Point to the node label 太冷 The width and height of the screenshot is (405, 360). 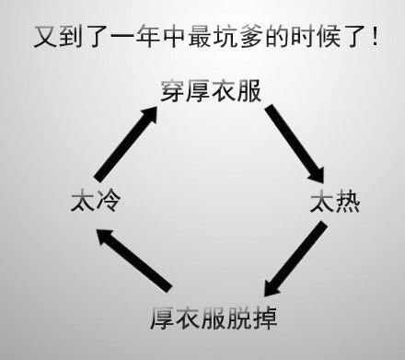pos(95,202)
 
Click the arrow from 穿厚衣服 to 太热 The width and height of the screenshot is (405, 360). pos(295,143)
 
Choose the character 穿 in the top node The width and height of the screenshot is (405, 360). pos(170,92)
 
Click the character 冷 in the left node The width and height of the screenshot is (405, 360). pos(108,202)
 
